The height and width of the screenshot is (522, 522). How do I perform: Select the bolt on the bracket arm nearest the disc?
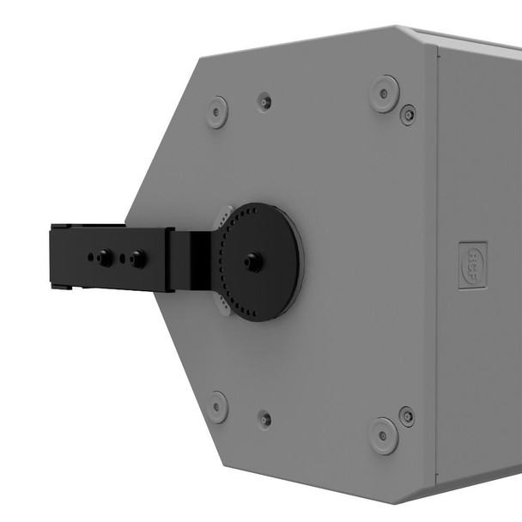(x=137, y=258)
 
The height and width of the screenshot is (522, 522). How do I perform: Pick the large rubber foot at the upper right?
(x=385, y=93)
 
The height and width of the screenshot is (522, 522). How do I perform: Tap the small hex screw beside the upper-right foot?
(x=409, y=113)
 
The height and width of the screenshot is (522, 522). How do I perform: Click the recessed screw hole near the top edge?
(x=265, y=101)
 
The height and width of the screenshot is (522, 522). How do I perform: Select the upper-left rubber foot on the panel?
(x=216, y=112)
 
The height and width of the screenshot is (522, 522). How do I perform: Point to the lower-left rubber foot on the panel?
(x=216, y=406)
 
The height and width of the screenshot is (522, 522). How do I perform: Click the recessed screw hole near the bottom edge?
(x=265, y=419)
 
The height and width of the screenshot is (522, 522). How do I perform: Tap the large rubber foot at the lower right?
(x=384, y=435)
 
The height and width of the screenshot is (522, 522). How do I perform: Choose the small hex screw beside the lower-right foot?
(x=407, y=416)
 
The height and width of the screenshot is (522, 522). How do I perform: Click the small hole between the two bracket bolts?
(x=123, y=257)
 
